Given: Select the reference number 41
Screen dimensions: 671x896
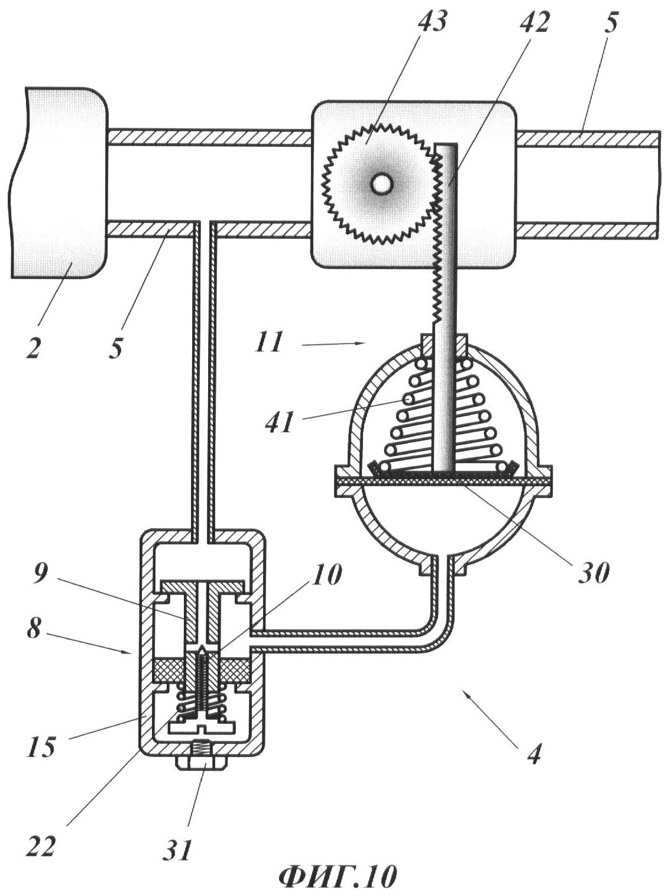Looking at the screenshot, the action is [279, 422].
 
